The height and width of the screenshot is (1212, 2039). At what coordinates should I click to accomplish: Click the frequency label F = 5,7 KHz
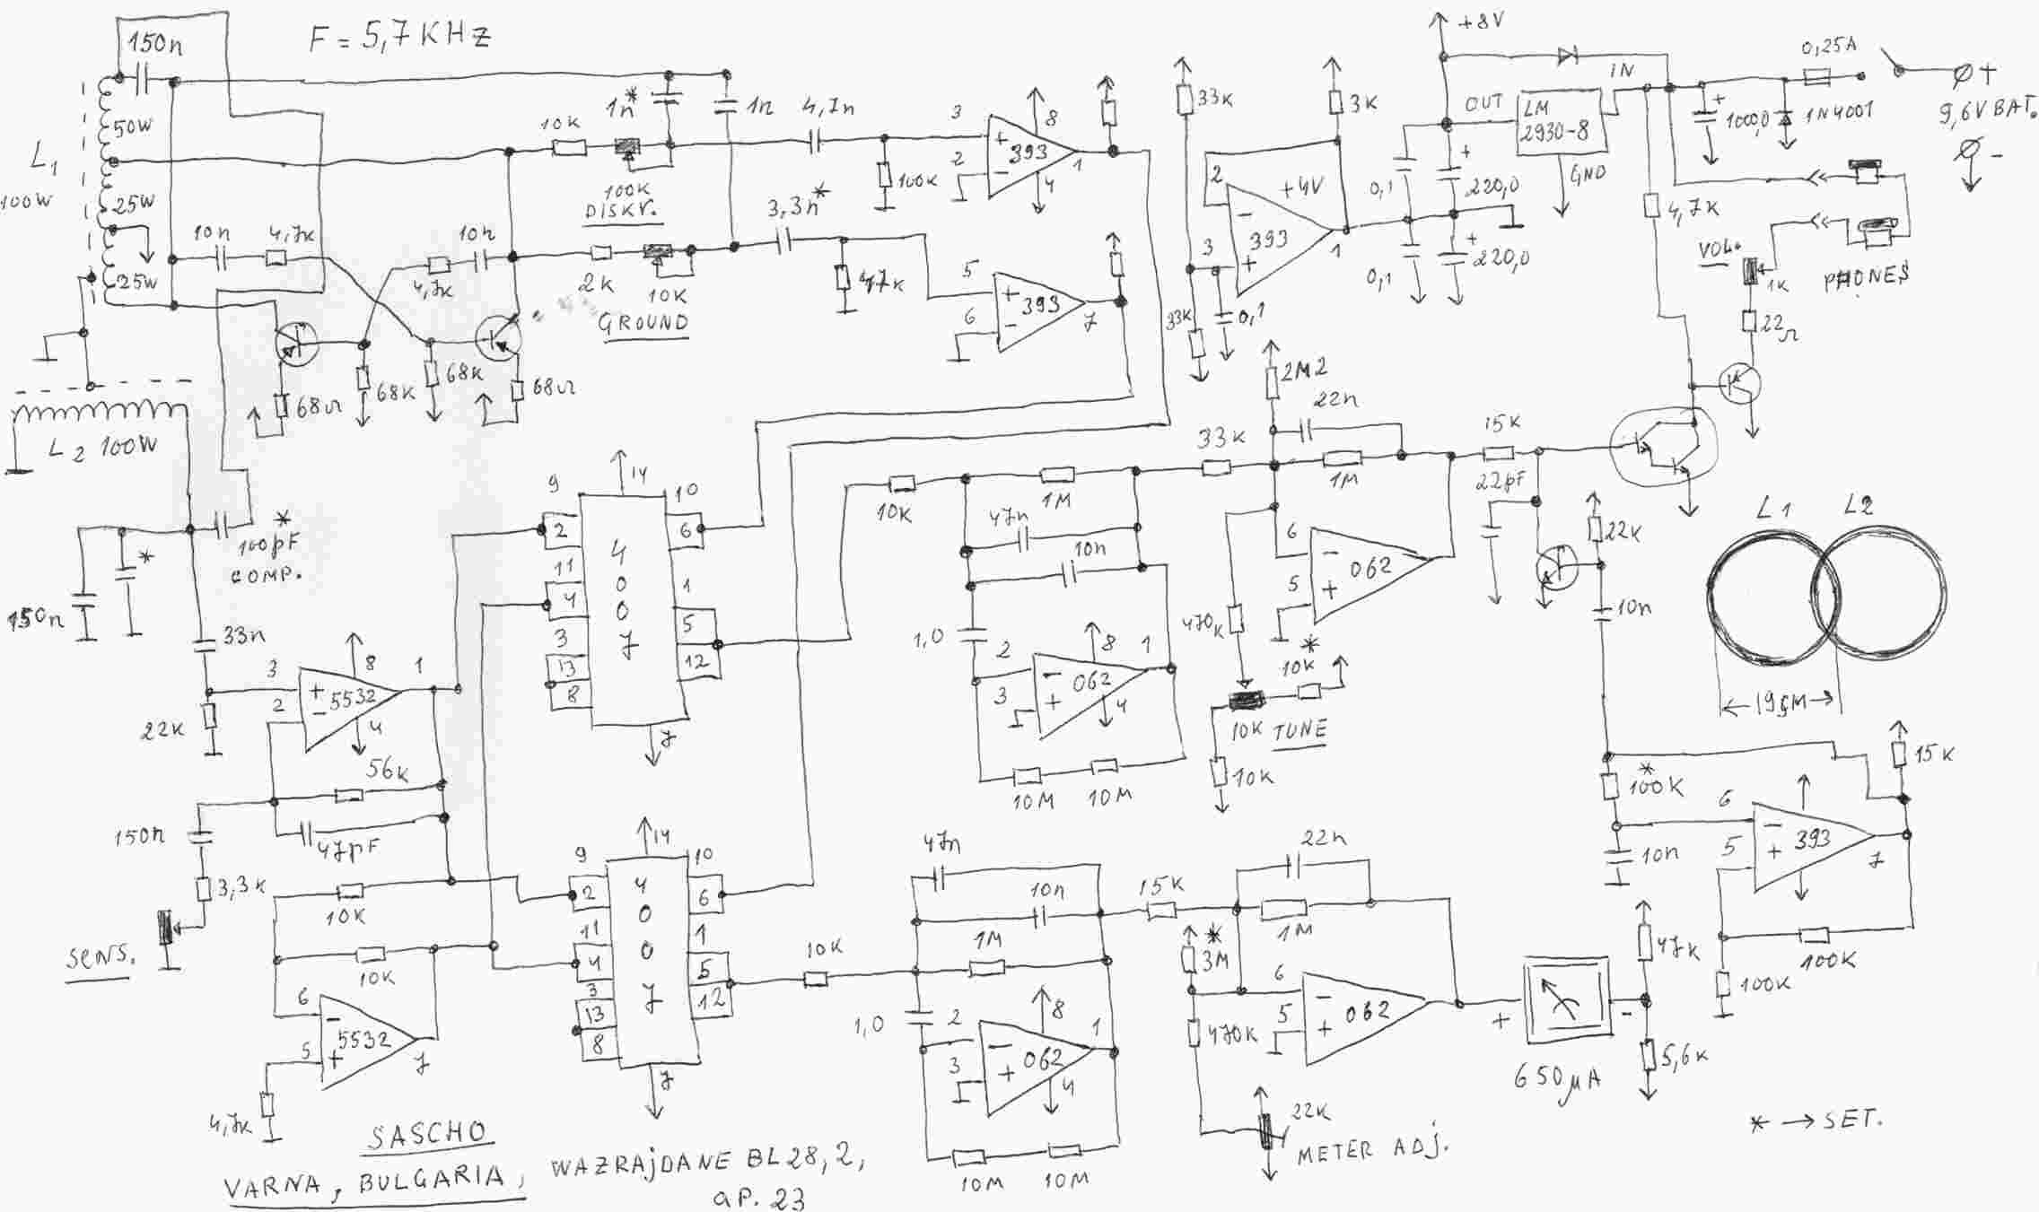400,39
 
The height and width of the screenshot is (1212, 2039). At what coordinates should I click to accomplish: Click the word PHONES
1866,279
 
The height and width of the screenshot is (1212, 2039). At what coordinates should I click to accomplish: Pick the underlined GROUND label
643,323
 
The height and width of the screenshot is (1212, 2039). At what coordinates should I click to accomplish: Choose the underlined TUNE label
1300,731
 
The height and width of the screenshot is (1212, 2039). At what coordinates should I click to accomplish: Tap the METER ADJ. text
1373,1150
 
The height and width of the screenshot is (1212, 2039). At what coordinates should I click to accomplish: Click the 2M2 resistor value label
1306,368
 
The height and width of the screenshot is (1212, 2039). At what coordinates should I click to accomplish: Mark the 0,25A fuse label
1828,47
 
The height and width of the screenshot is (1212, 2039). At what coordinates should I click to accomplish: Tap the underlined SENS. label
100,958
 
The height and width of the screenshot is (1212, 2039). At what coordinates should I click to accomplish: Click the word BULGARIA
432,1181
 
